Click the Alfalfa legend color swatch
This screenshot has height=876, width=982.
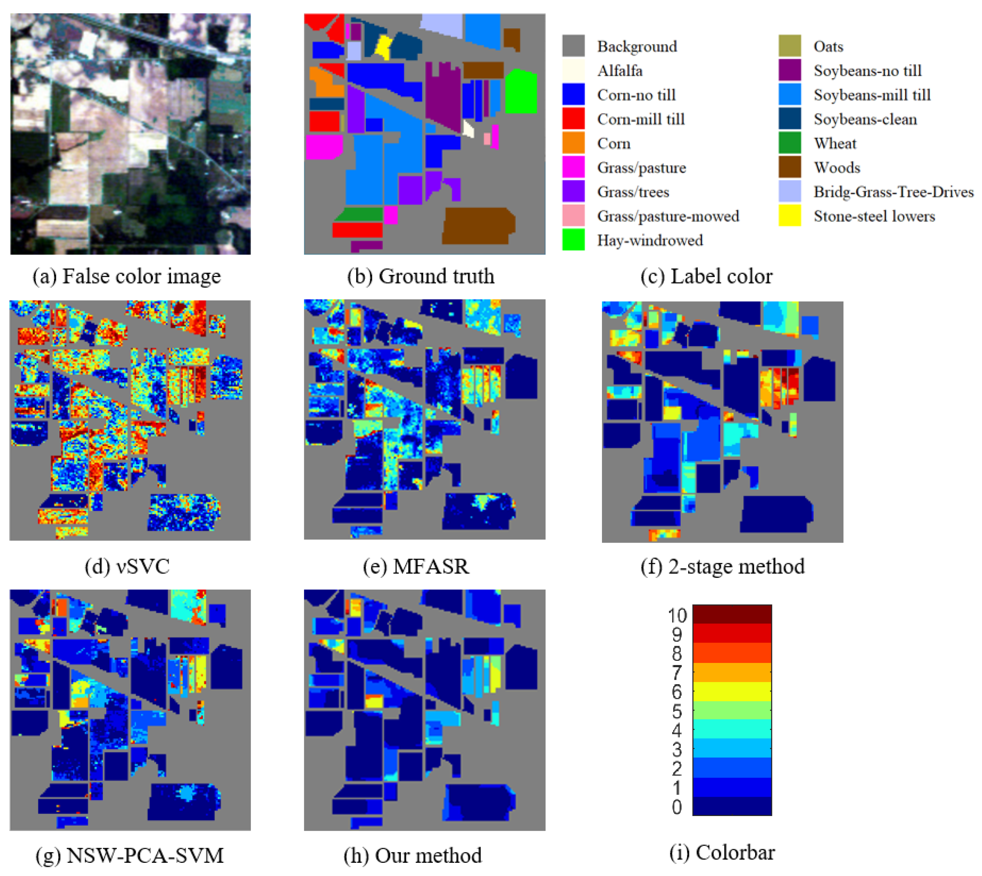pos(573,70)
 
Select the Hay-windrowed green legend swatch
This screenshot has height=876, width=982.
pos(573,240)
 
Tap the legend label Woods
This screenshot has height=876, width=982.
pos(836,167)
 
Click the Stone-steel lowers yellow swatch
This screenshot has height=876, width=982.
pos(789,216)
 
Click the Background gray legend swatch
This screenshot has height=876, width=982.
pos(573,46)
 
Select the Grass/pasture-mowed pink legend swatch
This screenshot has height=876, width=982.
pos(573,216)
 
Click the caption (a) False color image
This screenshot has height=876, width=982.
pos(127,276)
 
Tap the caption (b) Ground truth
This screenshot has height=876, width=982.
pos(421,276)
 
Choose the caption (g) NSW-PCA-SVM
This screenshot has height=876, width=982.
pos(129,855)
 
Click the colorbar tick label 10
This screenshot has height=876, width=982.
pos(677,615)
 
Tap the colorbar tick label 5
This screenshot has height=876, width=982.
pos(677,711)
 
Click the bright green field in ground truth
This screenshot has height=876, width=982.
pos(521,91)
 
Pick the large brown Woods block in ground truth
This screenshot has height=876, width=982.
pos(478,225)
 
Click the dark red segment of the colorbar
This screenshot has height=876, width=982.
pos(731,614)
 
